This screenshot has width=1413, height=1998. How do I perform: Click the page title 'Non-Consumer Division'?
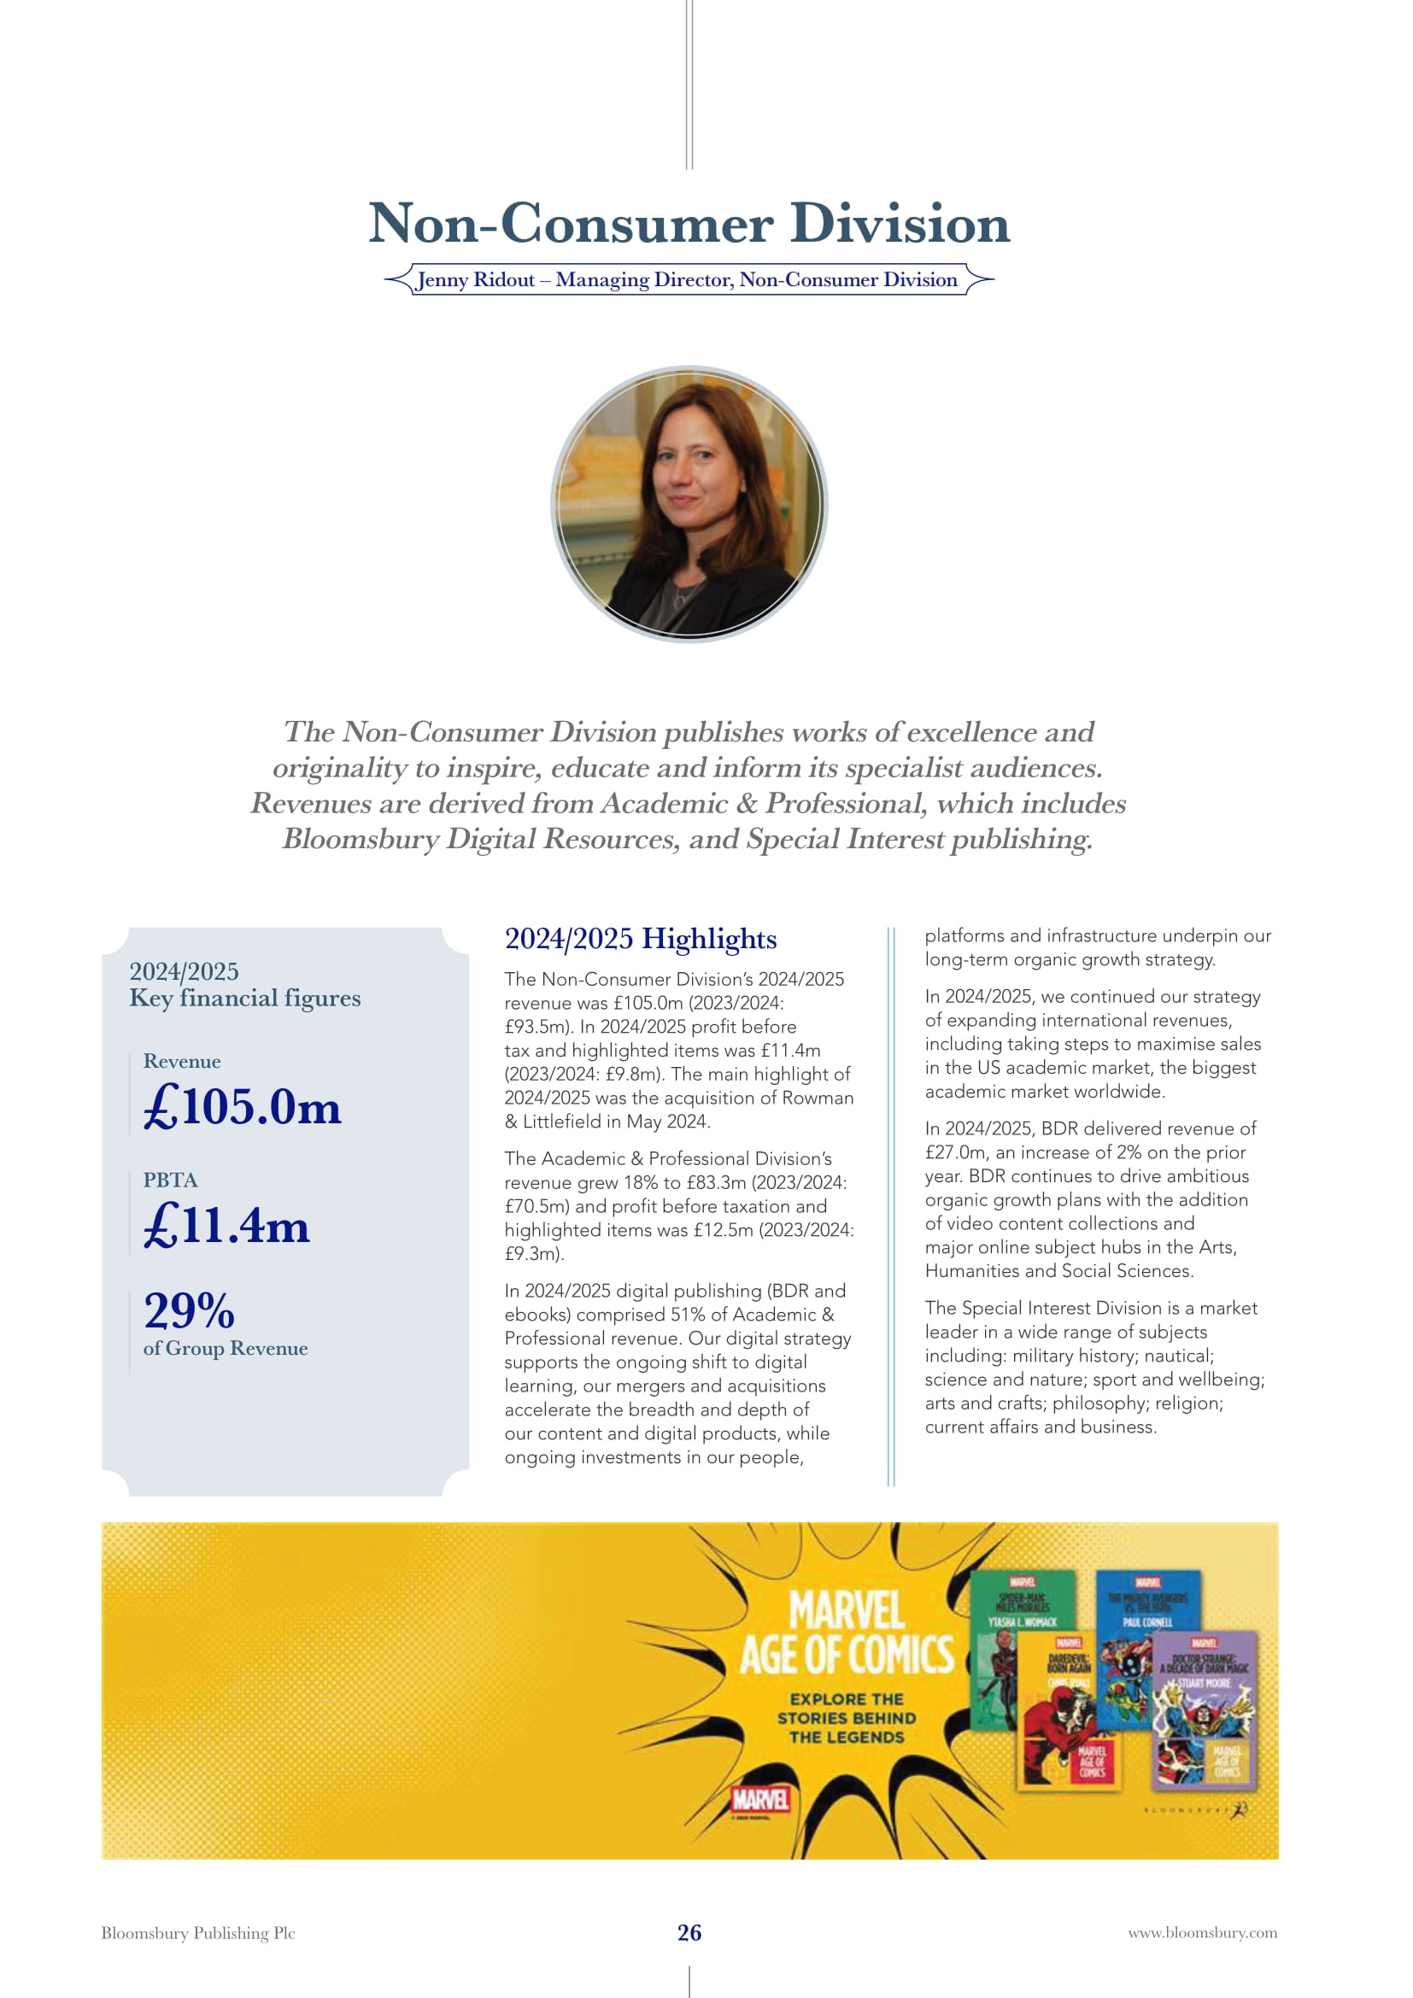pyautogui.click(x=689, y=224)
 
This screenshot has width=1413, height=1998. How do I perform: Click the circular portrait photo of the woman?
pyautogui.click(x=689, y=504)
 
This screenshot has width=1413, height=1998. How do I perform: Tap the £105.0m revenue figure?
pyautogui.click(x=242, y=1107)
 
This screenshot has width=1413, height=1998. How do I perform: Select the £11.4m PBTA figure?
pyautogui.click(x=226, y=1225)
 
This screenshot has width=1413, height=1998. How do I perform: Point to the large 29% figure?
pyautogui.click(x=189, y=1310)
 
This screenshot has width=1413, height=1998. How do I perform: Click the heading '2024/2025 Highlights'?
pyautogui.click(x=641, y=939)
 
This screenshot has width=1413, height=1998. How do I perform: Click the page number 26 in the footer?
pyautogui.click(x=689, y=1933)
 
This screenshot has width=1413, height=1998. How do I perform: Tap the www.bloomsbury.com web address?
pyautogui.click(x=1203, y=1933)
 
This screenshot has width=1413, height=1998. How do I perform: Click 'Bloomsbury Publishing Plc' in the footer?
pyautogui.click(x=198, y=1933)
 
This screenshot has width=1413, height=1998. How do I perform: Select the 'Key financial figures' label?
pyautogui.click(x=244, y=998)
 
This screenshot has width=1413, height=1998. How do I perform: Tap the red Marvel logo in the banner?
pyautogui.click(x=759, y=1800)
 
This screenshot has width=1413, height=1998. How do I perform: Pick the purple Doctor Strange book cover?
pyautogui.click(x=1205, y=1710)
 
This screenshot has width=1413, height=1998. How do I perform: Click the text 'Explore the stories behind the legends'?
pyautogui.click(x=846, y=1719)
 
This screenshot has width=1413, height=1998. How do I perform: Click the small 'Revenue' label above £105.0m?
pyautogui.click(x=182, y=1062)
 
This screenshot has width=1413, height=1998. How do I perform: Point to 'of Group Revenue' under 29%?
pyautogui.click(x=226, y=1349)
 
